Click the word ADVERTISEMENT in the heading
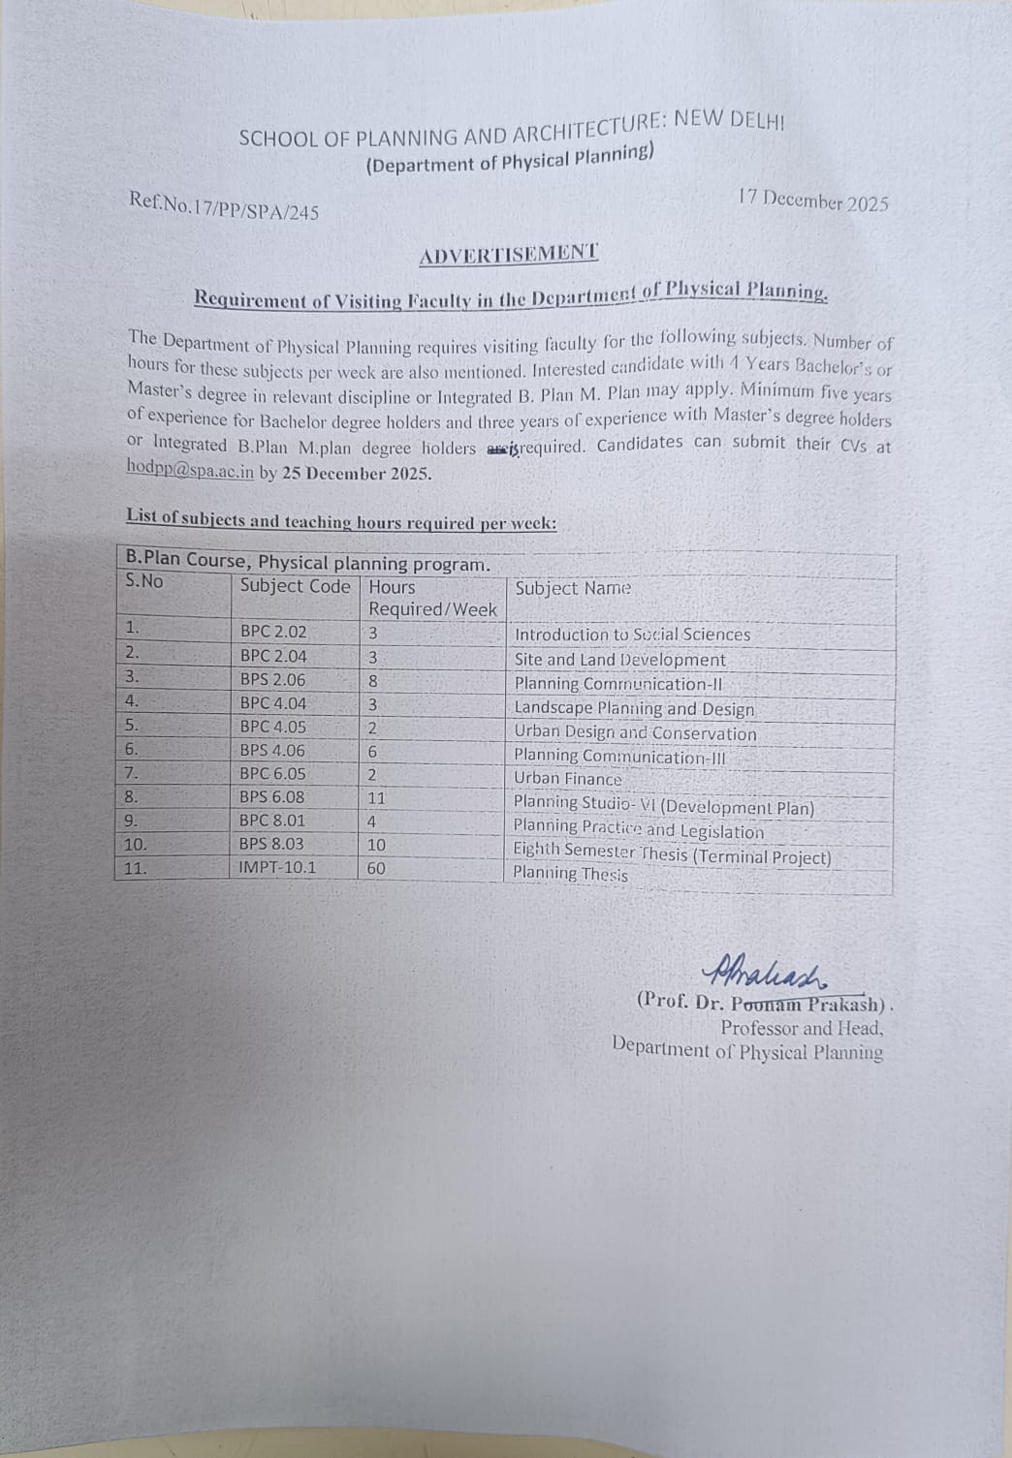[x=509, y=254]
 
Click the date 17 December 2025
[x=812, y=201]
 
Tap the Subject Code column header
[x=295, y=586]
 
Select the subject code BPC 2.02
[x=273, y=632]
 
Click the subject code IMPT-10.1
[x=277, y=867]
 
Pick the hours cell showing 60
[x=376, y=868]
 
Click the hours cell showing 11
[x=376, y=798]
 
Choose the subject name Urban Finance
[x=568, y=779]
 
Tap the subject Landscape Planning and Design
[x=634, y=709]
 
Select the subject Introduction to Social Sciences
[x=632, y=636]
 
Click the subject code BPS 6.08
[x=272, y=796]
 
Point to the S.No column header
[x=145, y=581]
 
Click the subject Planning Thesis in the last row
[x=570, y=874]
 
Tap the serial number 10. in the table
[x=137, y=844]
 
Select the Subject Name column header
[x=573, y=588]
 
